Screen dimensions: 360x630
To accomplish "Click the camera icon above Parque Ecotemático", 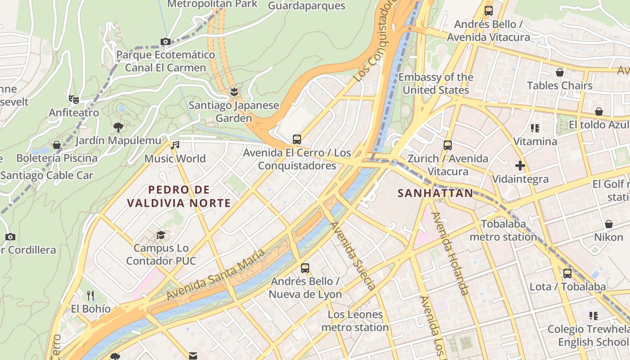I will point(165,42).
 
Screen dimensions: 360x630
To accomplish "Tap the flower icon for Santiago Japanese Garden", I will point(234,92).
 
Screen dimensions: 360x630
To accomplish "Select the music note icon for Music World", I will point(175,145).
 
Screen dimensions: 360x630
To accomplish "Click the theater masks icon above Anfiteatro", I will point(73,99).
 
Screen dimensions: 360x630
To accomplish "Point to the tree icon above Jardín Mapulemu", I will point(118,127).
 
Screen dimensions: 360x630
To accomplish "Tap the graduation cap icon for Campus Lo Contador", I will point(161,235).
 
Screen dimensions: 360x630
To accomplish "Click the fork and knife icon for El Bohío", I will point(90,295).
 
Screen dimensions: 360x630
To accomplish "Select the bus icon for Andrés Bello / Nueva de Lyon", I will point(305,268).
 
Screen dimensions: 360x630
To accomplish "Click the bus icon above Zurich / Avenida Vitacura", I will point(447,145).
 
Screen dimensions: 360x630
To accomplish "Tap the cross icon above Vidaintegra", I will point(520,166).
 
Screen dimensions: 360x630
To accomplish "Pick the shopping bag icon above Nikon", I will point(608,224).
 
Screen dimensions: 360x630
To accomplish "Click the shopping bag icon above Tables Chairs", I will point(560,72).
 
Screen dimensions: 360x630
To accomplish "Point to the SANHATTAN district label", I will point(436,193).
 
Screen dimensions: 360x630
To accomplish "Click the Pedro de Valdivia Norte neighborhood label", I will point(179,196).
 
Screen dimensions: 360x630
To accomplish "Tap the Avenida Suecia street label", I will point(353,255).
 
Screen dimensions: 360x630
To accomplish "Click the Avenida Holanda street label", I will point(450,253).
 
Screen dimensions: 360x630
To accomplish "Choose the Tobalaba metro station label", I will point(503,230).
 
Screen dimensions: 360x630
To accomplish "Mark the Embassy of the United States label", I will point(436,84).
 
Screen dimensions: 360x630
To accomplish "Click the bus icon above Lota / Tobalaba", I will point(567,273).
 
